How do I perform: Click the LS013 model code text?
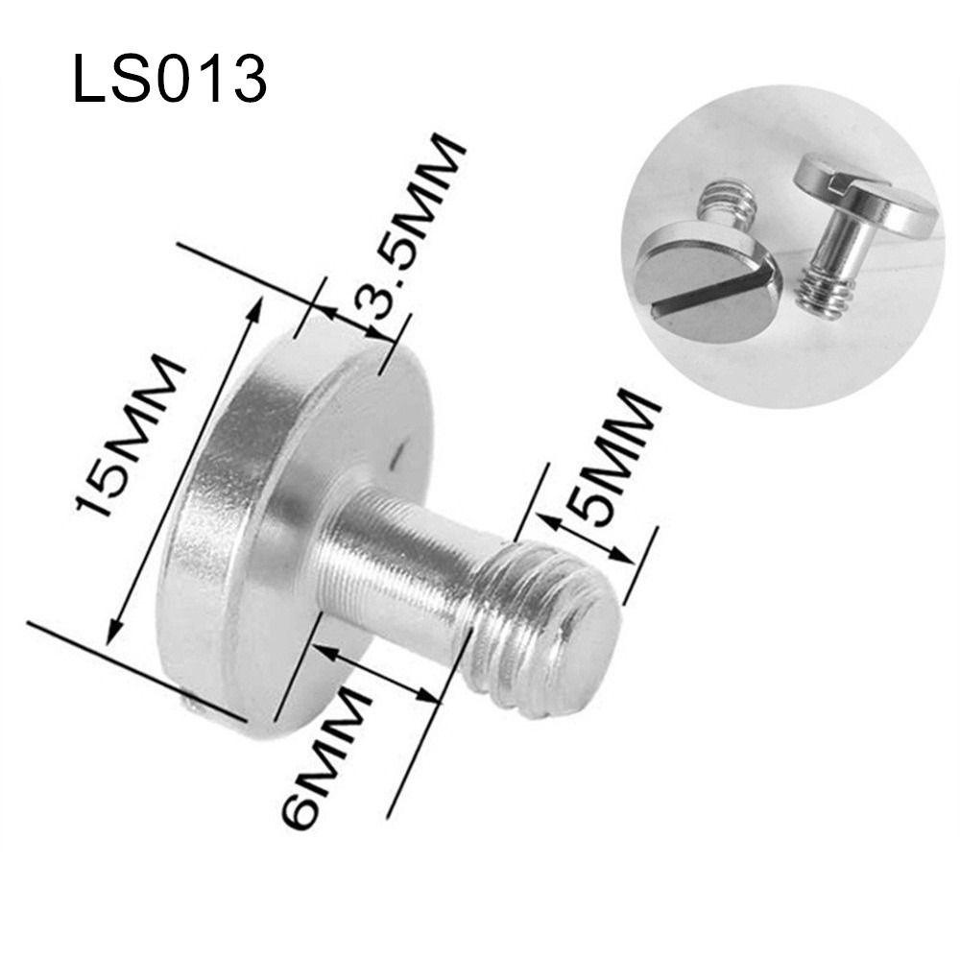click(x=169, y=79)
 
